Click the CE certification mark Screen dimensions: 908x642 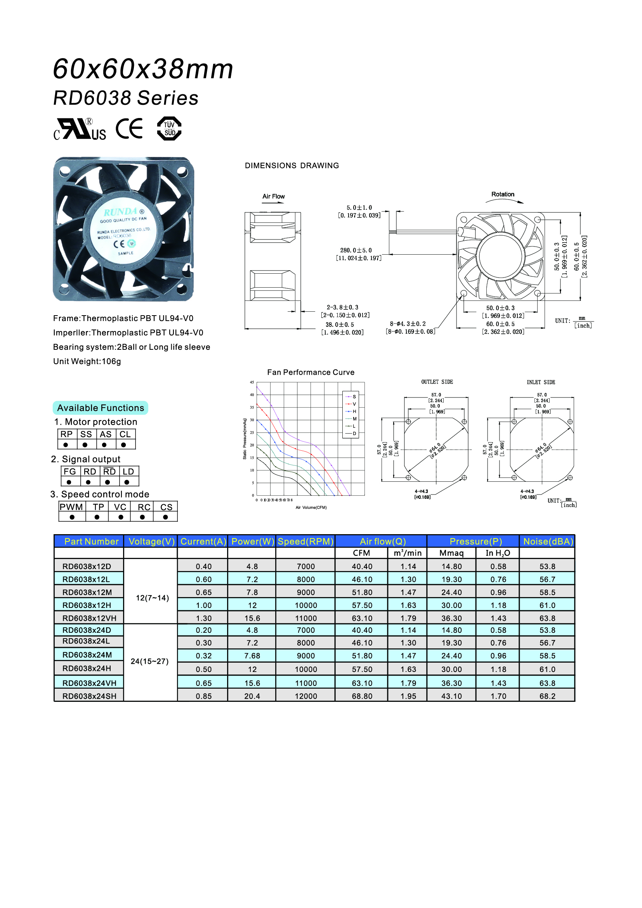(129, 129)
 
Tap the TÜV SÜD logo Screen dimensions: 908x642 (169, 128)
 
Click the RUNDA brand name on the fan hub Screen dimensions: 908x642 (121, 212)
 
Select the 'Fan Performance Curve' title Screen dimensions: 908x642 (311, 372)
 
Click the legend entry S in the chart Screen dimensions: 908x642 (354, 397)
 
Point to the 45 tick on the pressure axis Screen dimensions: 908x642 (252, 382)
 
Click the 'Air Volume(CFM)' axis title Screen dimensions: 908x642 (311, 507)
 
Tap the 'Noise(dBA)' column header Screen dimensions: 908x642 (548, 542)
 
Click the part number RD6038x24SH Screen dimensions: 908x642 (89, 696)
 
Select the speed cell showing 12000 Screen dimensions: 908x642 (305, 696)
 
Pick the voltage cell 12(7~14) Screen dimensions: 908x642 (152, 598)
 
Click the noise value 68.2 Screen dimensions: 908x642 (547, 696)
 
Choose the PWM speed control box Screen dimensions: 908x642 (71, 507)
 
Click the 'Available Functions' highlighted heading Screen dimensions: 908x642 (101, 408)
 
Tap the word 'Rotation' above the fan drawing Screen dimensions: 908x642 (502, 194)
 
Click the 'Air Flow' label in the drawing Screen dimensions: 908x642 (273, 196)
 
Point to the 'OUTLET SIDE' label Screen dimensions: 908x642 (437, 382)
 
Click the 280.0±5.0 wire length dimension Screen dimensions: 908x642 (356, 250)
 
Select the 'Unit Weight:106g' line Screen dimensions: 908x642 (87, 361)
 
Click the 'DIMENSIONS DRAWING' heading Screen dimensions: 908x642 (292, 166)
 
